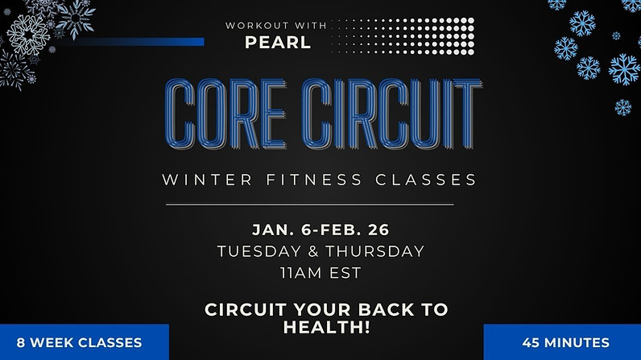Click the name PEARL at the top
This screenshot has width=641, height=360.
click(278, 42)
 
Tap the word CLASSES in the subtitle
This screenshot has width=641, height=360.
click(424, 179)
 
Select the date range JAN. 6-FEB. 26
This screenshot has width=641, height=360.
click(320, 230)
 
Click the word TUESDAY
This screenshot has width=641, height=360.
click(256, 251)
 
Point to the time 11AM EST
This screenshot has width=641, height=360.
click(320, 273)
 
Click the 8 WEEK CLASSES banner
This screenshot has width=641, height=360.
click(79, 342)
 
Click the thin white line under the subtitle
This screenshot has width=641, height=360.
click(320, 204)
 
